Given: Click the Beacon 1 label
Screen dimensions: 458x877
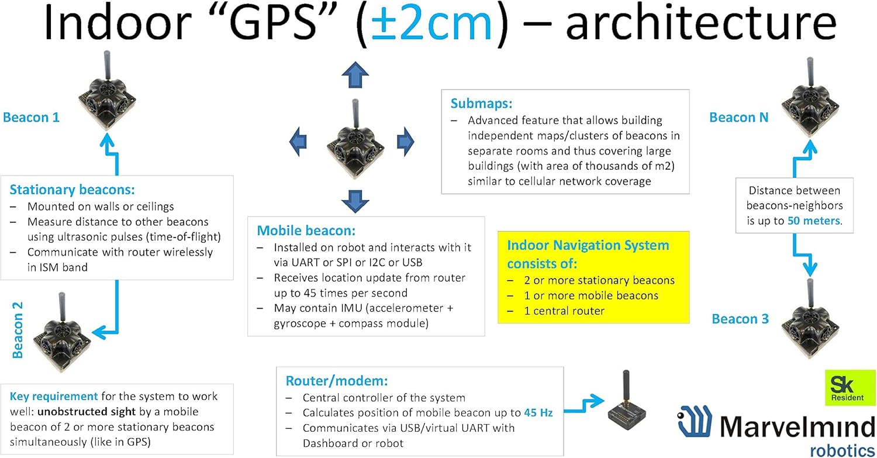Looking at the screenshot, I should point(31,118).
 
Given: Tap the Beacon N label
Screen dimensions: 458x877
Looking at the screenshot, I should point(738,118).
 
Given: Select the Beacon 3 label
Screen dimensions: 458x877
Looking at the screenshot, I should point(740,319).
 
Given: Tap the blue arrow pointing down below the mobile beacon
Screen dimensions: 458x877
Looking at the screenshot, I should point(355,200).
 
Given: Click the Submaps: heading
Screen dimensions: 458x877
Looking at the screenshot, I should point(481,104).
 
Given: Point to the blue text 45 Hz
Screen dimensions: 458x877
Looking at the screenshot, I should point(538,412).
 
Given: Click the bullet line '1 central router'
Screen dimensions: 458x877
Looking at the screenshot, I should point(564,311).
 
